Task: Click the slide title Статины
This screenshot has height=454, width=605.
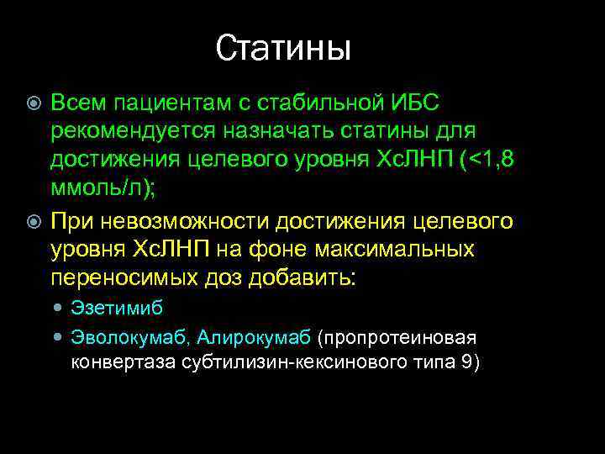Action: pos(283,49)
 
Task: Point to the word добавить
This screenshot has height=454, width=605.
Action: pos(307,277)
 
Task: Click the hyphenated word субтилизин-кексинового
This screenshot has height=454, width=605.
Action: pos(276,362)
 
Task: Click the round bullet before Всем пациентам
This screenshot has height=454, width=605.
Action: pos(34,104)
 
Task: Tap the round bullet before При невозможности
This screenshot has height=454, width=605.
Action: pos(34,221)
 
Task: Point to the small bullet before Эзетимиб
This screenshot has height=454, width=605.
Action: pos(57,309)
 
